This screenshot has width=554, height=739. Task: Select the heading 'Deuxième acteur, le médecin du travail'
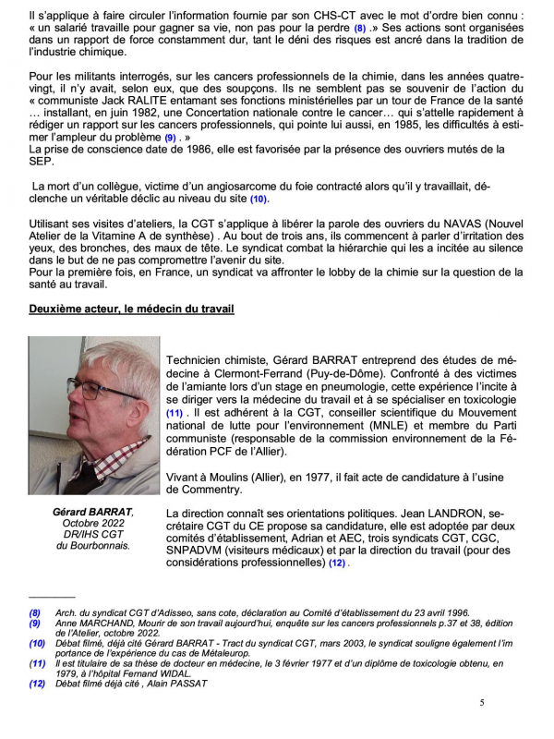131,309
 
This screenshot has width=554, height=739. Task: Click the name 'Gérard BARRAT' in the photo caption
92,512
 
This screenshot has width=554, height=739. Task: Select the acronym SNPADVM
201,550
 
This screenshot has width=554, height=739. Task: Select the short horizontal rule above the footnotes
52,598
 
